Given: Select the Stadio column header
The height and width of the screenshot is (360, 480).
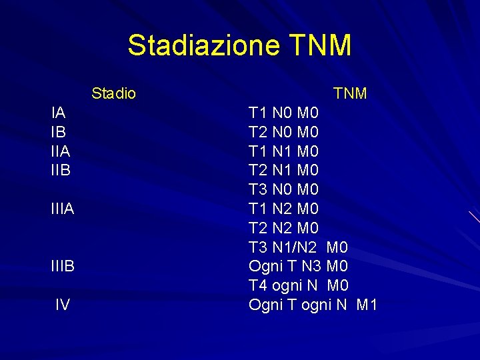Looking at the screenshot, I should pyautogui.click(x=113, y=93).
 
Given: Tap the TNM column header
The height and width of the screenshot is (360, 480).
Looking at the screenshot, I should pyautogui.click(x=350, y=93).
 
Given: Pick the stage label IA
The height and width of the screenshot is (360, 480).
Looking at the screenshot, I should pyautogui.click(x=58, y=113).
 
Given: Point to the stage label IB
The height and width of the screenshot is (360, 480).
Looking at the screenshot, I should pyautogui.click(x=58, y=132).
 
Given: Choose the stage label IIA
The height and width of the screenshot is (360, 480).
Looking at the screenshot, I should pyautogui.click(x=60, y=151).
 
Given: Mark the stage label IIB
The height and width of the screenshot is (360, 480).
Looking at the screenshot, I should pyautogui.click(x=60, y=171).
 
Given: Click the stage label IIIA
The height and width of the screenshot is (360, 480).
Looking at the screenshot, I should pyautogui.click(x=62, y=209).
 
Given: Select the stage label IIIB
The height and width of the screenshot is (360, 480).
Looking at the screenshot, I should pyautogui.click(x=62, y=267).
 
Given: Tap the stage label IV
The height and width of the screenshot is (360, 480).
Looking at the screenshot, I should pyautogui.click(x=63, y=305).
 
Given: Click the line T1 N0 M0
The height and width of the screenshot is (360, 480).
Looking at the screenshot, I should pyautogui.click(x=283, y=113).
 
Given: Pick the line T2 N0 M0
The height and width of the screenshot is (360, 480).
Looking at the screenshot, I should pyautogui.click(x=283, y=132).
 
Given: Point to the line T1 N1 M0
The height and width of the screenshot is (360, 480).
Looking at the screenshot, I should pyautogui.click(x=283, y=151).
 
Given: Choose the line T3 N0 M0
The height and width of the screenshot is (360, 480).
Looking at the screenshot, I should pyautogui.click(x=283, y=190).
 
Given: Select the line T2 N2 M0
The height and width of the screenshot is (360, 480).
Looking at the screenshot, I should pyautogui.click(x=283, y=229).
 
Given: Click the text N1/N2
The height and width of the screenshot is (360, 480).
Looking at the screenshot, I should pyautogui.click(x=295, y=248).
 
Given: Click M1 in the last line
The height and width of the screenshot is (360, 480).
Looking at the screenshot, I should pyautogui.click(x=367, y=305).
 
